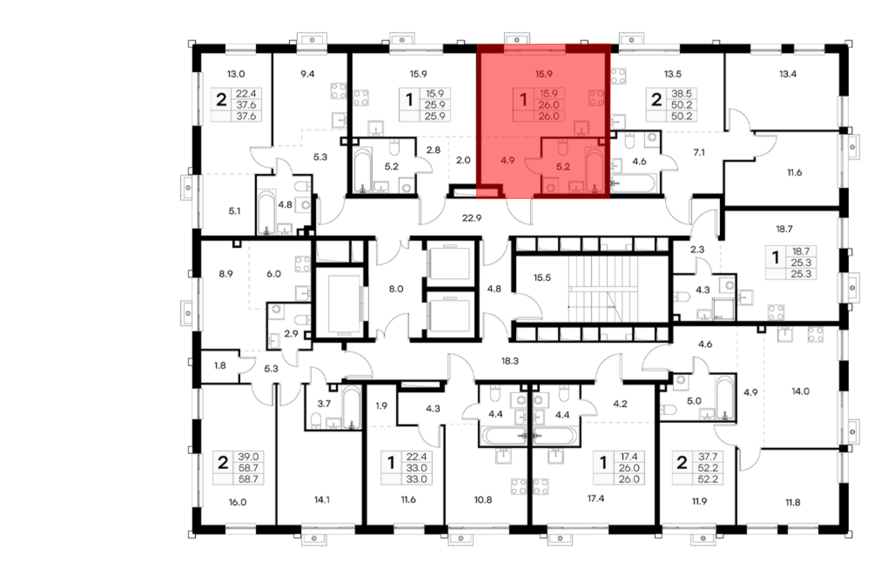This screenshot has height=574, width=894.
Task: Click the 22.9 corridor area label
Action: pyautogui.click(x=472, y=218)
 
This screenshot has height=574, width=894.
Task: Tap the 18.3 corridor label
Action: pyautogui.click(x=510, y=361)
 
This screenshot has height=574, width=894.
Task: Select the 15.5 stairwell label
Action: pyautogui.click(x=542, y=278)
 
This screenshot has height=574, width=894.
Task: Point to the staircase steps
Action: pyautogui.click(x=603, y=289)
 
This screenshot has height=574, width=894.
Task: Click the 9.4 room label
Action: pyautogui.click(x=308, y=74)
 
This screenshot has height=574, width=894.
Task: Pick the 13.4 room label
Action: pyautogui.click(x=788, y=74)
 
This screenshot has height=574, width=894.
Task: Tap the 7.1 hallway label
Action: pyautogui.click(x=699, y=152)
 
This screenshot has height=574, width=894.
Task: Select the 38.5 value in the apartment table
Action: pyautogui.click(x=681, y=93)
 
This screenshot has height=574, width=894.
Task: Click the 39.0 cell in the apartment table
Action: pyautogui.click(x=248, y=456)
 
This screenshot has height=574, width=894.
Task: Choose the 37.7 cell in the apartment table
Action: pyautogui.click(x=708, y=456)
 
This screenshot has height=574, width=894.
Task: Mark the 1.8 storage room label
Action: pyautogui.click(x=220, y=366)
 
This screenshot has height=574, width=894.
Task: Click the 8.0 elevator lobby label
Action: pyautogui.click(x=396, y=289)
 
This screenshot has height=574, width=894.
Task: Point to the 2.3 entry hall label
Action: pyautogui.click(x=697, y=249)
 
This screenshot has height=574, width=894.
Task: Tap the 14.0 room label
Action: pyautogui.click(x=800, y=391)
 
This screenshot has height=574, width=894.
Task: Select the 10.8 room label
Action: pyautogui.click(x=483, y=500)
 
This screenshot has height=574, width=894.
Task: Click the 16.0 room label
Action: pyautogui.click(x=237, y=502)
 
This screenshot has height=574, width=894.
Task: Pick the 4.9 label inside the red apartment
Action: pyautogui.click(x=508, y=160)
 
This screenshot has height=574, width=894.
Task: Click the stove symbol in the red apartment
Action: pyautogui.click(x=596, y=98)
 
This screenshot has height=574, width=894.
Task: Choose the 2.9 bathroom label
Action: pyautogui.click(x=291, y=333)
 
